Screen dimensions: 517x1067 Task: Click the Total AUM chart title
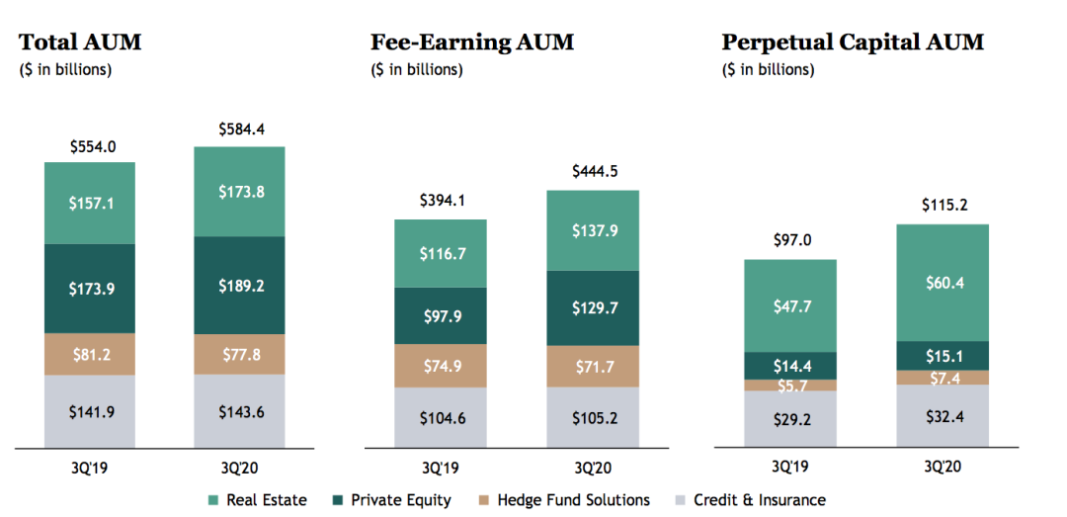click(80, 43)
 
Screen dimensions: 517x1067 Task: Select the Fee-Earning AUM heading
click(472, 43)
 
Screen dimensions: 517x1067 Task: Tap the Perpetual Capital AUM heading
click(853, 43)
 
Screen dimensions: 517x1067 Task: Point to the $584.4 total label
click(240, 129)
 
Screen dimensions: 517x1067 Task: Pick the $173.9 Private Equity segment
click(90, 289)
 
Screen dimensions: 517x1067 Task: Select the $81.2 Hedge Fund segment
click(90, 354)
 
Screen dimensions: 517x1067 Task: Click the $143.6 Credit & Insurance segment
click(240, 411)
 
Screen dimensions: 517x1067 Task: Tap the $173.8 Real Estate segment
click(240, 192)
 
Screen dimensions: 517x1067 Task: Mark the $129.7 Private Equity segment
click(594, 308)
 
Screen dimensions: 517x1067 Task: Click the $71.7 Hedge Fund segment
click(594, 366)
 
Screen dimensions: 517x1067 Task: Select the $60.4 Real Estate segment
click(943, 283)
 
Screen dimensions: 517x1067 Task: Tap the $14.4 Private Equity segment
click(790, 366)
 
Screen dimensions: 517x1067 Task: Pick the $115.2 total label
click(943, 207)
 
